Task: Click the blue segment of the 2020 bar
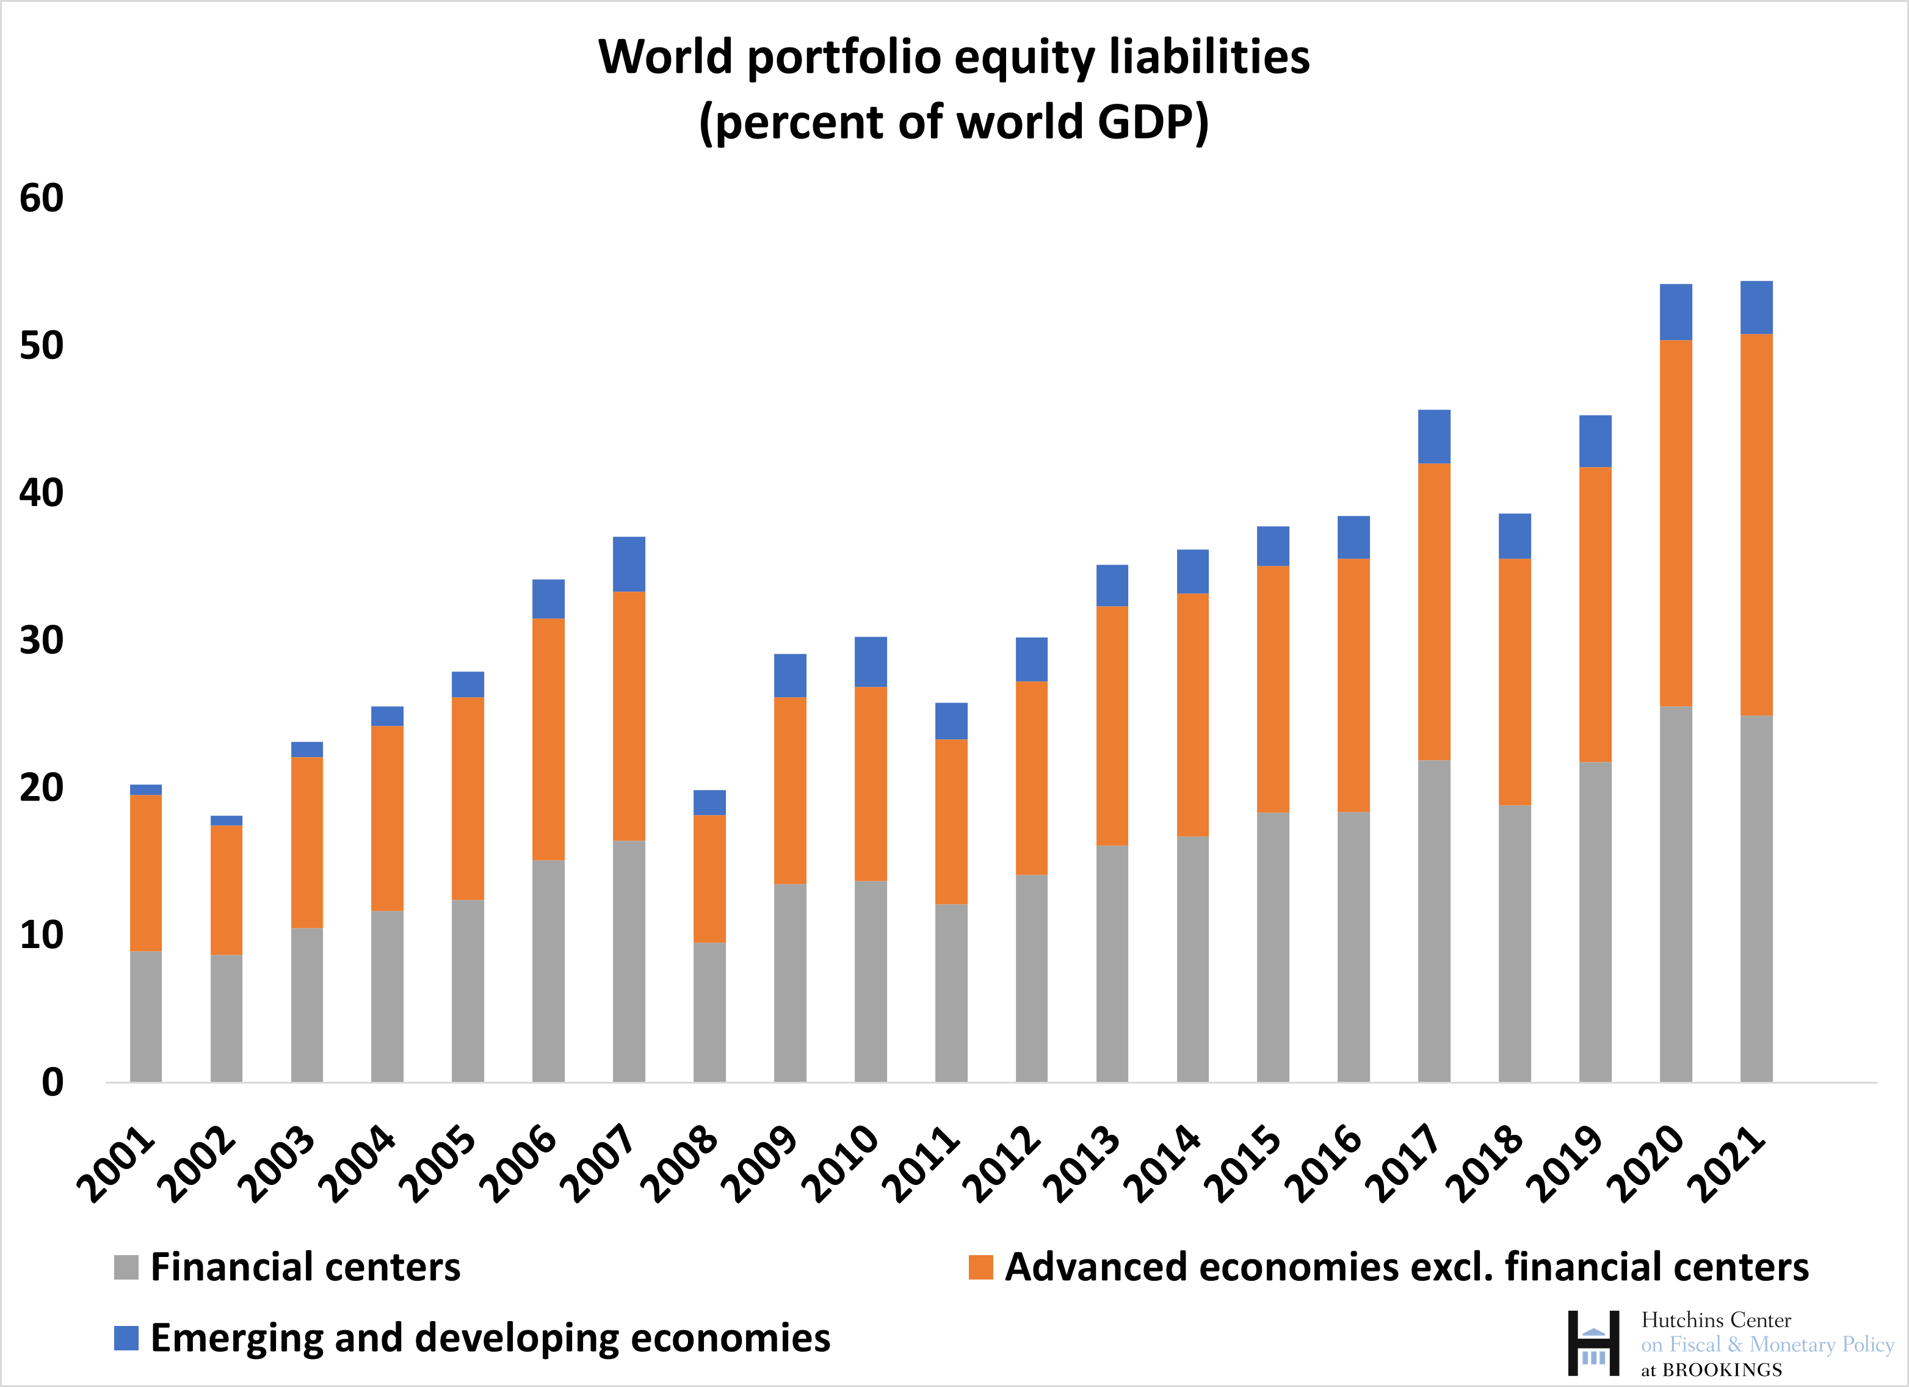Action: [1676, 312]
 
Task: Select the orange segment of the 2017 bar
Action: [1434, 612]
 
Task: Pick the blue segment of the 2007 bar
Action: [629, 564]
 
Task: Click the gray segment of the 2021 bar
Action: [1756, 898]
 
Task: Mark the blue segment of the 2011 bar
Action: [951, 721]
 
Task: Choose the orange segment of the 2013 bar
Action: [1112, 725]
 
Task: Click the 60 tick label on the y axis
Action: [42, 198]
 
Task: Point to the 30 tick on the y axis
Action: [42, 640]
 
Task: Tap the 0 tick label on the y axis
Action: [52, 1082]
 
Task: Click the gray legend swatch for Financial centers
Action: [126, 1267]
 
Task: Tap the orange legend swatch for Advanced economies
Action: [980, 1267]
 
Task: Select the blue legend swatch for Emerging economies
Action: [126, 1338]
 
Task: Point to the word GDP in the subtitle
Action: [1145, 122]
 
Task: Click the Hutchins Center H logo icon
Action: [1593, 1342]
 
